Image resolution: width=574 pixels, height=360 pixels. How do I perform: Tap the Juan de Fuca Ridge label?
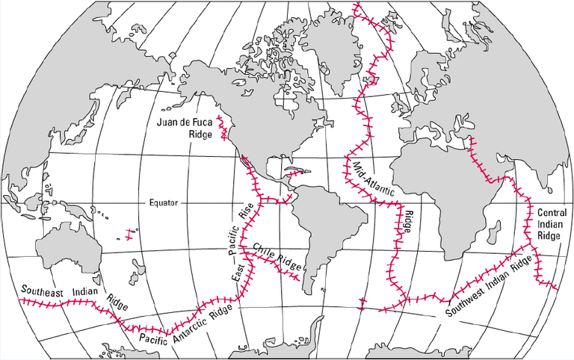click(x=184, y=128)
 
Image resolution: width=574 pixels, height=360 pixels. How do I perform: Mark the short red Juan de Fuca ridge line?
click(x=223, y=127)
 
